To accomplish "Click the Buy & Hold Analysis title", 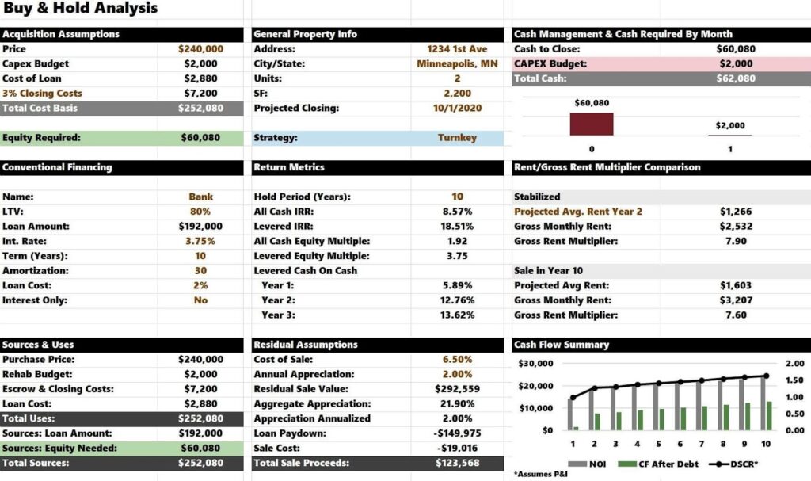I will coord(80,9).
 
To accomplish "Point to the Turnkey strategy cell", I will coord(457,138).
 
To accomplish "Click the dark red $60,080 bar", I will coord(592,124).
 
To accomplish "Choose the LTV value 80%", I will coord(200,212).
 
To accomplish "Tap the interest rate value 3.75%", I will coord(200,241).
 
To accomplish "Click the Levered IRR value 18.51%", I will coord(457,227).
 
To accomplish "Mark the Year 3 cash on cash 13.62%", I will coord(457,315).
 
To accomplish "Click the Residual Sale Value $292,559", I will coord(457,389).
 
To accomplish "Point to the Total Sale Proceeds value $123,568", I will coord(457,464).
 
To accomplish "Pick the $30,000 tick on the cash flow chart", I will coord(535,364).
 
